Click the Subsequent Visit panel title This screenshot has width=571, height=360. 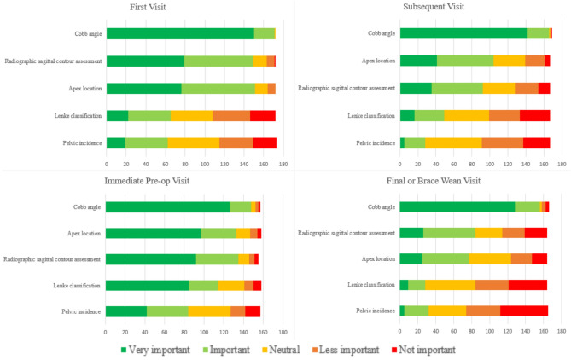tap(433, 7)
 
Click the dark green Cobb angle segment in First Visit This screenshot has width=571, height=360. tap(180, 34)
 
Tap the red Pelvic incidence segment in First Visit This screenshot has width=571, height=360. tap(265, 142)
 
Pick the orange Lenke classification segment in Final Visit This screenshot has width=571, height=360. tap(492, 283)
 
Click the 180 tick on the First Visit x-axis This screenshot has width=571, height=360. tap(283, 162)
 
